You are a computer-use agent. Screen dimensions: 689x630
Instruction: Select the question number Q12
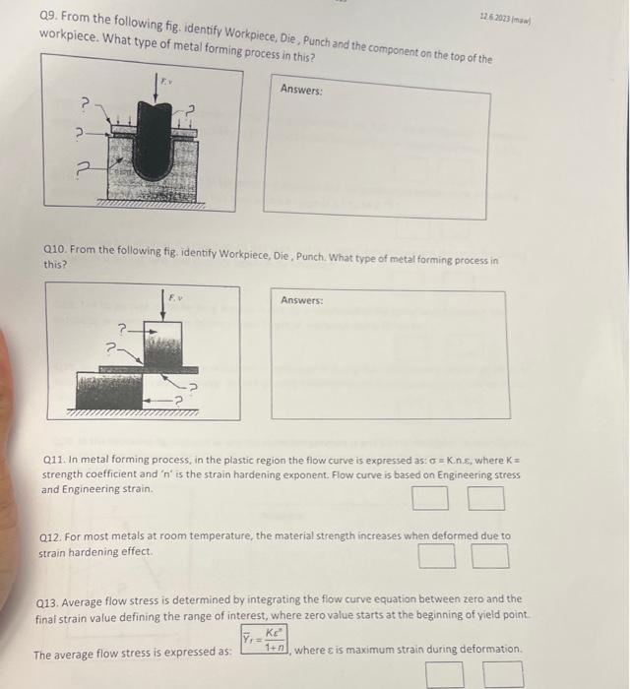[51, 536]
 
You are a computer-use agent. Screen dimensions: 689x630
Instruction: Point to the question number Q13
[49, 598]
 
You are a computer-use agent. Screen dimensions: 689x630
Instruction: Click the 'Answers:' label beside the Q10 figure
[303, 300]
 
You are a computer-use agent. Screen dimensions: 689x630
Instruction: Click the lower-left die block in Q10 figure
[110, 382]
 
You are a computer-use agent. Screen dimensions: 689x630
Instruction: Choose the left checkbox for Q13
[444, 674]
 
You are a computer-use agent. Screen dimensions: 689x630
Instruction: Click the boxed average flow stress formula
[265, 641]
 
